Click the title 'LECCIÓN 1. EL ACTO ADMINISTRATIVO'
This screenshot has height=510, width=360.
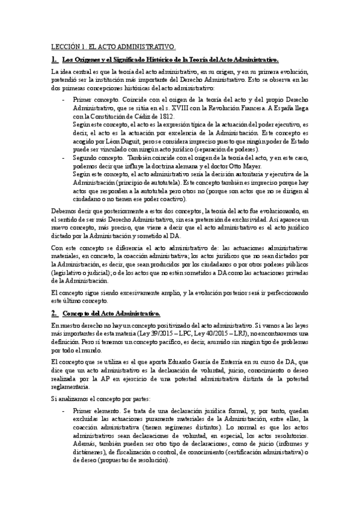tap(112, 46)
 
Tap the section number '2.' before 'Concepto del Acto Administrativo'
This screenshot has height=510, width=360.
tap(53, 313)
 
